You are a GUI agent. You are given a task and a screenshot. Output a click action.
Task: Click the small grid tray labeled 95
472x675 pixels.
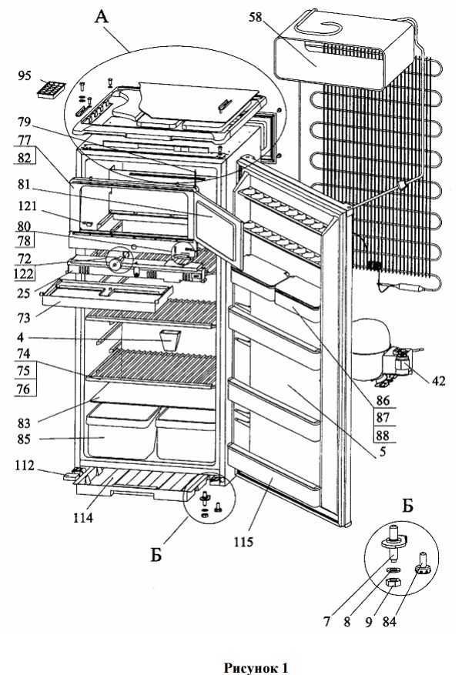click(52, 90)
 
